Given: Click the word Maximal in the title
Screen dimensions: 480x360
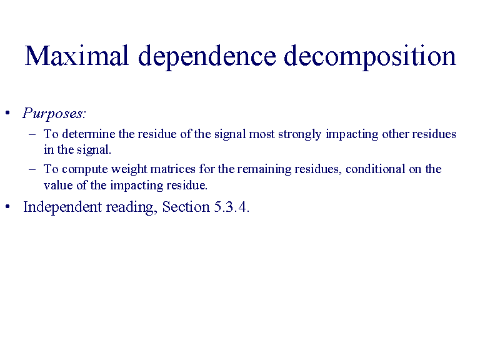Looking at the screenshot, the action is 76,56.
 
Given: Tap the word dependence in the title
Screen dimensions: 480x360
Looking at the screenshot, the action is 207,57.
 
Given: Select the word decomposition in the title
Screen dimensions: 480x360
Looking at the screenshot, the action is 370,57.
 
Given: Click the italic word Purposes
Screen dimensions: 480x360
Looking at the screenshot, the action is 54,114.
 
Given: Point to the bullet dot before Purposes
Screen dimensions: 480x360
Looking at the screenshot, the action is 7,113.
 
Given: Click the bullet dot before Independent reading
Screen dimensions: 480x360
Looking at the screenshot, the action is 7,207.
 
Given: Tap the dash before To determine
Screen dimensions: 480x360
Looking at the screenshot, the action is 32,134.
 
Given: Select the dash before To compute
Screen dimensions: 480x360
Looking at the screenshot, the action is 32,169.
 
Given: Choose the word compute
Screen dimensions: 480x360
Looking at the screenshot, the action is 85,170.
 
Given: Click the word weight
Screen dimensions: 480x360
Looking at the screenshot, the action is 129,170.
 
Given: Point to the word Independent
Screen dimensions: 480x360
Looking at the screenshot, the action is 62,207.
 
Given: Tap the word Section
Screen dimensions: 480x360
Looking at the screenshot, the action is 186,207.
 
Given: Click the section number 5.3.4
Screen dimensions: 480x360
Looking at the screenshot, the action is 231,207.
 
